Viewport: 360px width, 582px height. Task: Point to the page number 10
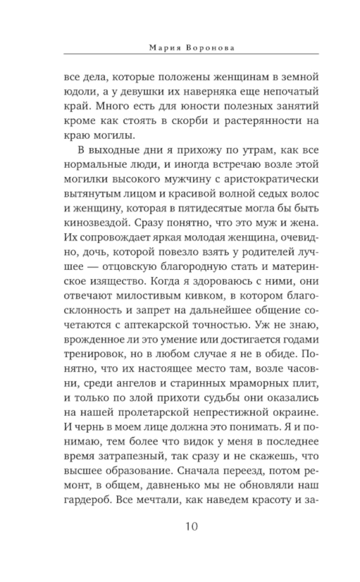[x=192, y=527]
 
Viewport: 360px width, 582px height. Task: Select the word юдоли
[x=79, y=92]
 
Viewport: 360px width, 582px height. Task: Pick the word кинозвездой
[x=96, y=223]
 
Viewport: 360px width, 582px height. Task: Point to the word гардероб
[x=85, y=500]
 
